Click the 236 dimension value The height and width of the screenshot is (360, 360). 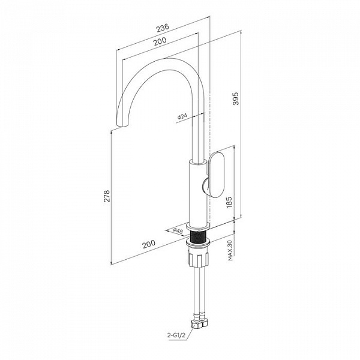click(163, 28)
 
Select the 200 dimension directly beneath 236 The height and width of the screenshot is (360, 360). click(160, 41)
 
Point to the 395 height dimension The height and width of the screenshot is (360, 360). click(236, 98)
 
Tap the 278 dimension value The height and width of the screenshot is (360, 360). click(107, 196)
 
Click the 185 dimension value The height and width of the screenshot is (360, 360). click(229, 202)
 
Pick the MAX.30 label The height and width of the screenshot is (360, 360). click(230, 250)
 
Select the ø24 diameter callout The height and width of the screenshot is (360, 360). click(182, 116)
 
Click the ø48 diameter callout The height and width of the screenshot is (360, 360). click(178, 231)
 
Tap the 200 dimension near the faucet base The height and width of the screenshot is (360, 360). click(149, 244)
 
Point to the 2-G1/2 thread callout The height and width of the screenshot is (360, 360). click(176, 335)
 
